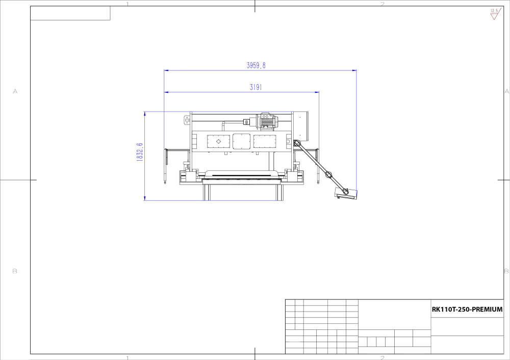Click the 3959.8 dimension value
coord(256,65)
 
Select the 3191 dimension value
coord(256,87)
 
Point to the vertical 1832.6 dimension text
coord(140,152)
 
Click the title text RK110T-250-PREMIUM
coord(467,310)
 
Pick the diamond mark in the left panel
coord(218,141)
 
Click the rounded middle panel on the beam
coord(242,141)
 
